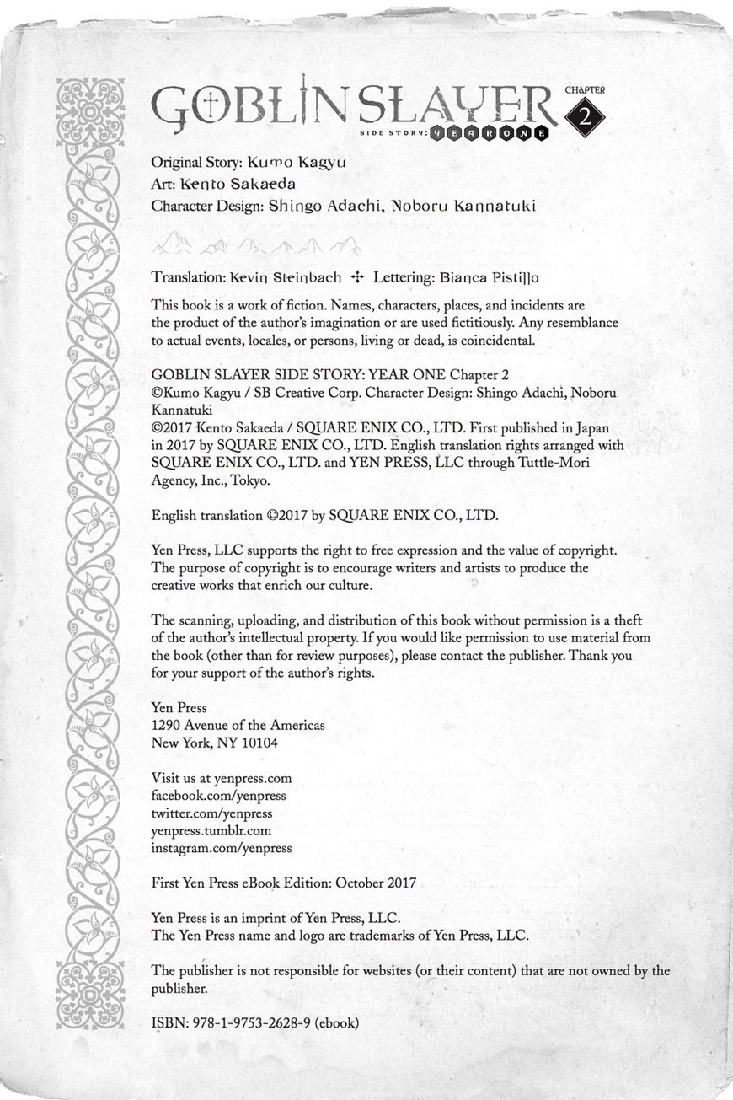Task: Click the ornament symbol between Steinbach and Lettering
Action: tap(356, 276)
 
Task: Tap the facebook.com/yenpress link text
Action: tap(218, 796)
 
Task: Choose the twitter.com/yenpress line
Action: tap(211, 813)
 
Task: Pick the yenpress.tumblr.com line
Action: tap(211, 831)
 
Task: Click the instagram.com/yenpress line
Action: tap(222, 849)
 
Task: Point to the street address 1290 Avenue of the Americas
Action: tap(238, 725)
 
